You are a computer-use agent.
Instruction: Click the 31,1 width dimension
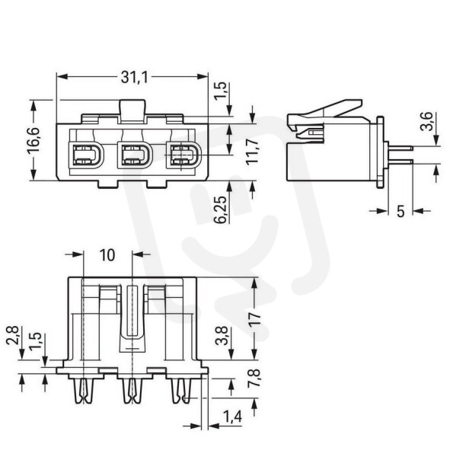tap(134, 77)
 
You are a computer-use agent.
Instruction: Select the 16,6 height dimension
tap(33, 140)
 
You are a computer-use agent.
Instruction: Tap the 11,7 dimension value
tap(251, 152)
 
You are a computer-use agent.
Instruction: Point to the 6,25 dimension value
tap(221, 209)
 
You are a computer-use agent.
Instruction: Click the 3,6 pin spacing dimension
tap(427, 122)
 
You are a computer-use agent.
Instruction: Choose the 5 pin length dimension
tap(401, 211)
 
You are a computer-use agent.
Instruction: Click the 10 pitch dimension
tap(107, 255)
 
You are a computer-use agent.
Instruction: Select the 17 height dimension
tap(254, 318)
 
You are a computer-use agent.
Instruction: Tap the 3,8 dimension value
tap(222, 336)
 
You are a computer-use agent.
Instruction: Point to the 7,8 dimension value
tap(254, 378)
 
